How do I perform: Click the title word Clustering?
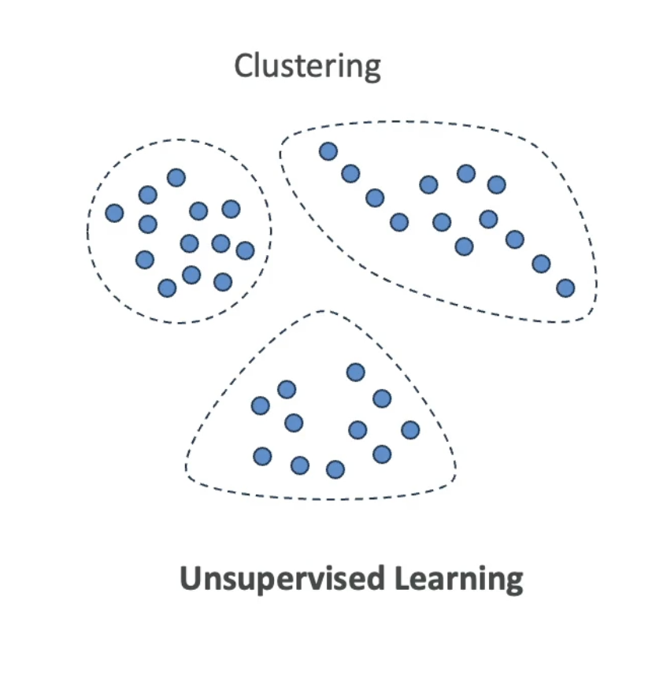[307, 66]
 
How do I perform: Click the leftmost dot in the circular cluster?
[115, 213]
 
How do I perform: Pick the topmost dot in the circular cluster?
[176, 177]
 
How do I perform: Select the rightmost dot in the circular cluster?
[245, 250]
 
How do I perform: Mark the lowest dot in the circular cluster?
[167, 287]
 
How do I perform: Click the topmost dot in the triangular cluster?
[356, 372]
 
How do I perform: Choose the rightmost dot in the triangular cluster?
[410, 430]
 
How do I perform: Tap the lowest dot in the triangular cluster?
[335, 469]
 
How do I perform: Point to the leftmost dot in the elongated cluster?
[328, 151]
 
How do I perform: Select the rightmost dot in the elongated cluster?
[565, 288]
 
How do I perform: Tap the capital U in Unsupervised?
[191, 579]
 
